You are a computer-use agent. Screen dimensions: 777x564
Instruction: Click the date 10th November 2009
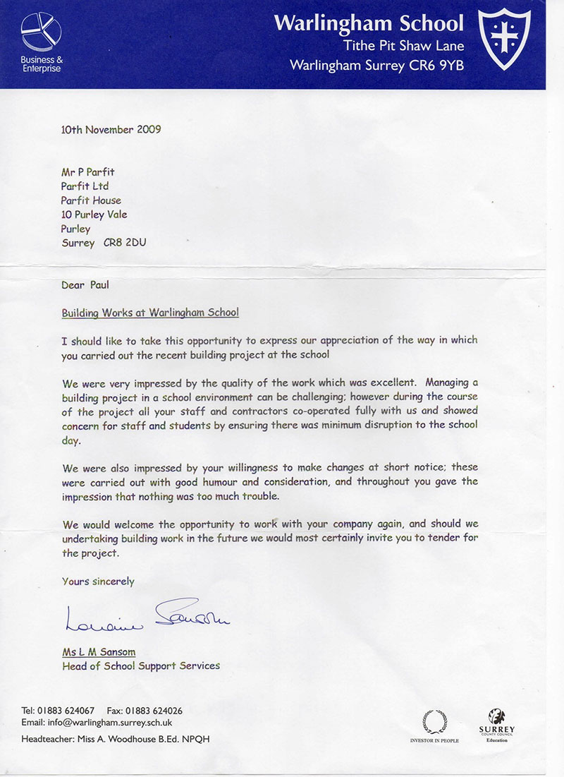[111, 129]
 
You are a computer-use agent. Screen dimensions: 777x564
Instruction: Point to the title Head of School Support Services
[141, 665]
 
